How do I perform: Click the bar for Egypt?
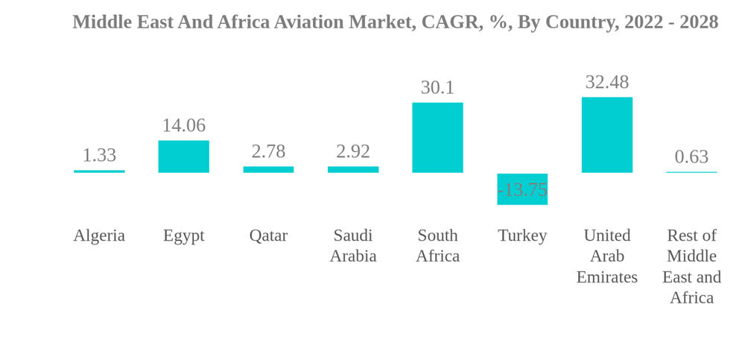tap(183, 157)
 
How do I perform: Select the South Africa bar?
tap(437, 138)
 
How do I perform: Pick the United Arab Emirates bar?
tap(606, 135)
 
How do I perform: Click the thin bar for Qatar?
tap(268, 169)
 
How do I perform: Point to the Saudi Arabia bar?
tap(353, 169)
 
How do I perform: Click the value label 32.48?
tap(606, 82)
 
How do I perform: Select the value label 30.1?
tap(437, 87)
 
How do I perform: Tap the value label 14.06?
tap(183, 125)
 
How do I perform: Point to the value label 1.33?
tap(99, 155)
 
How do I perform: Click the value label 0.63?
tap(691, 157)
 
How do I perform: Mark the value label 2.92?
tap(353, 151)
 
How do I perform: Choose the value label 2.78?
tap(268, 151)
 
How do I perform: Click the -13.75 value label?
tap(522, 190)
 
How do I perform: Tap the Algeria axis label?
tap(99, 236)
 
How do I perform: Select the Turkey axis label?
tap(522, 236)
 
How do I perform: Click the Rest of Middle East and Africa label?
tap(691, 266)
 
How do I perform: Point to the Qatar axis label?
tap(268, 236)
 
